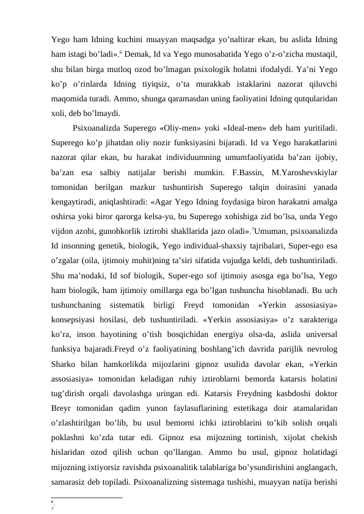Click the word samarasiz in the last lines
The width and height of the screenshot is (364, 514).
click(x=71, y=480)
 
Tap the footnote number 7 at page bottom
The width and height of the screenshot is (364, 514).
click(x=53, y=507)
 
